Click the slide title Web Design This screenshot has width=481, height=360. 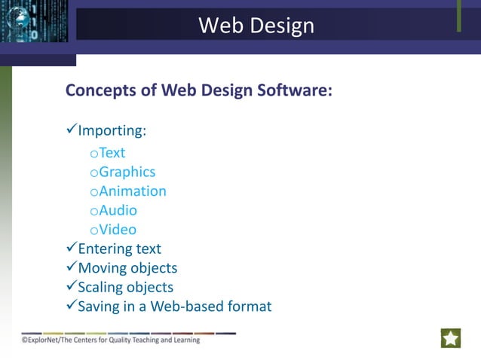pyautogui.click(x=256, y=26)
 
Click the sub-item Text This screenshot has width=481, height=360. pyautogui.click(x=112, y=153)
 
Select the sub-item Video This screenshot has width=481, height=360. pyautogui.click(x=118, y=230)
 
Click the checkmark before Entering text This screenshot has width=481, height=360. pyautogui.click(x=72, y=248)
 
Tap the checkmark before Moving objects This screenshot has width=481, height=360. pyautogui.click(x=72, y=267)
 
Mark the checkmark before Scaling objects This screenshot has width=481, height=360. pyautogui.click(x=72, y=287)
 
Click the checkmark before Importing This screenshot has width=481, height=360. pyautogui.click(x=72, y=130)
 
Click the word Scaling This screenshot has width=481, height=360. pyautogui.click(x=102, y=288)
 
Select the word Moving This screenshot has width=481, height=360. pyautogui.click(x=103, y=268)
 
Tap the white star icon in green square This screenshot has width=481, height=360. pyautogui.click(x=451, y=338)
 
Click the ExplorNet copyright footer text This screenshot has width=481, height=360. pyautogui.click(x=111, y=340)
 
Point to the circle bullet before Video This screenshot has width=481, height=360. pyautogui.click(x=93, y=231)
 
